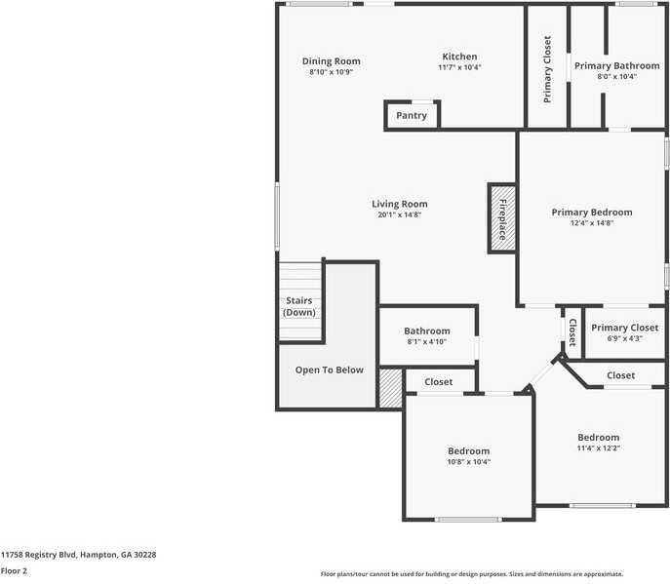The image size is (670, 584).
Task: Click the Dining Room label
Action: pyautogui.click(x=331, y=61)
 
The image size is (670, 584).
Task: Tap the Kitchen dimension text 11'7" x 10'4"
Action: pyautogui.click(x=459, y=67)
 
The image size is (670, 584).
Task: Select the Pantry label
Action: pyautogui.click(x=412, y=116)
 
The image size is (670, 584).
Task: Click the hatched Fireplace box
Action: pyautogui.click(x=502, y=218)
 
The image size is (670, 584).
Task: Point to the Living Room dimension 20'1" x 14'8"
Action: pyautogui.click(x=400, y=214)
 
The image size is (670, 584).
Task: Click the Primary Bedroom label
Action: pyautogui.click(x=591, y=212)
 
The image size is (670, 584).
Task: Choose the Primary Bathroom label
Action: pyautogui.click(x=616, y=66)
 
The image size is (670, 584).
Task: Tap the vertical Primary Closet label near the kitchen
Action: pyautogui.click(x=547, y=69)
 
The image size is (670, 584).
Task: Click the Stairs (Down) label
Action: pyautogui.click(x=299, y=306)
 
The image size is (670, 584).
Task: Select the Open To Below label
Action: pyautogui.click(x=330, y=370)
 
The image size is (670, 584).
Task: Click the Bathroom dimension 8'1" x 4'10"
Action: pyautogui.click(x=427, y=342)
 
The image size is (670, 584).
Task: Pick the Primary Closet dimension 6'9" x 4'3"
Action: pyautogui.click(x=624, y=338)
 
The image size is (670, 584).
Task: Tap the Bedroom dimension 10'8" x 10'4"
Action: pyautogui.click(x=468, y=461)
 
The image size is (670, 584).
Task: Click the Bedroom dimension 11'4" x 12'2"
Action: pyautogui.click(x=598, y=448)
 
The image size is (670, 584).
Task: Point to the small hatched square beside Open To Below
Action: pyautogui.click(x=390, y=387)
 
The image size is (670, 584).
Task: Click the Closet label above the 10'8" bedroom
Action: pyautogui.click(x=438, y=382)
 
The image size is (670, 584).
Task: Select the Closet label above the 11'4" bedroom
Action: pyautogui.click(x=620, y=375)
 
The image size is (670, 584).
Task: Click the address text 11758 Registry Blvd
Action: pyautogui.click(x=78, y=554)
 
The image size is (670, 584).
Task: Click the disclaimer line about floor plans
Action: pyautogui.click(x=471, y=574)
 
